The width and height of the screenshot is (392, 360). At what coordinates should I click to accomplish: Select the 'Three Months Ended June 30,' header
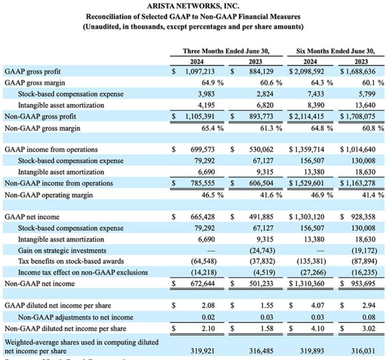tap(226, 51)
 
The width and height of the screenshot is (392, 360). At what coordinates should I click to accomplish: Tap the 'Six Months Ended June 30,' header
tap(335, 51)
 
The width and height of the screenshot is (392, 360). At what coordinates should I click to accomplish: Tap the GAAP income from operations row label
tap(51, 150)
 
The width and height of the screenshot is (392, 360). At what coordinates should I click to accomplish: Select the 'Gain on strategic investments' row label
tap(62, 250)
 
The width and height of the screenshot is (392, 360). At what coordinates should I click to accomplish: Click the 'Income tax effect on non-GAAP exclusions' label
tap(83, 272)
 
